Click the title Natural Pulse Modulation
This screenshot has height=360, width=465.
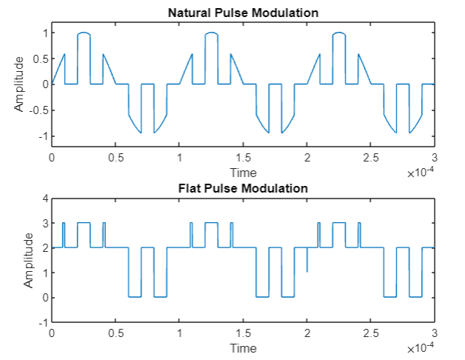[x=243, y=13]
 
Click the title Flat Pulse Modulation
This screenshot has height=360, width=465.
[x=243, y=188]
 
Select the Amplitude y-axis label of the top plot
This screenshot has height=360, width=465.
[x=19, y=84]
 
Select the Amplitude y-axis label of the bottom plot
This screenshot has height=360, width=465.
[x=29, y=260]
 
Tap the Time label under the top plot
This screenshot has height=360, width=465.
[x=243, y=172]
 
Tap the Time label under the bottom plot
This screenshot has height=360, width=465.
[x=243, y=347]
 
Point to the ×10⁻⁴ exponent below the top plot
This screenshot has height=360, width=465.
[x=420, y=173]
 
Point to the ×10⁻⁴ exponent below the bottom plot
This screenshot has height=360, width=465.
[x=420, y=348]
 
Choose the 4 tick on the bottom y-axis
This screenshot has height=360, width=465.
[x=44, y=199]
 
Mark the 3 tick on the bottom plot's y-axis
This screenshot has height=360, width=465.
[x=44, y=224]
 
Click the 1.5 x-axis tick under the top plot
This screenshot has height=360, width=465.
[x=243, y=158]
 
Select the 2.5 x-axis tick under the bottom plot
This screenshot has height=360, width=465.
[x=370, y=333]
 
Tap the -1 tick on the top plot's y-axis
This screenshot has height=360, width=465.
[x=41, y=136]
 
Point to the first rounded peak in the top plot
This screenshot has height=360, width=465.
[x=84, y=33]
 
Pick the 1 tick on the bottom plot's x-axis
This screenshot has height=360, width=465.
[x=179, y=333]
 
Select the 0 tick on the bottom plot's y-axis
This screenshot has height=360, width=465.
[x=44, y=298]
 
